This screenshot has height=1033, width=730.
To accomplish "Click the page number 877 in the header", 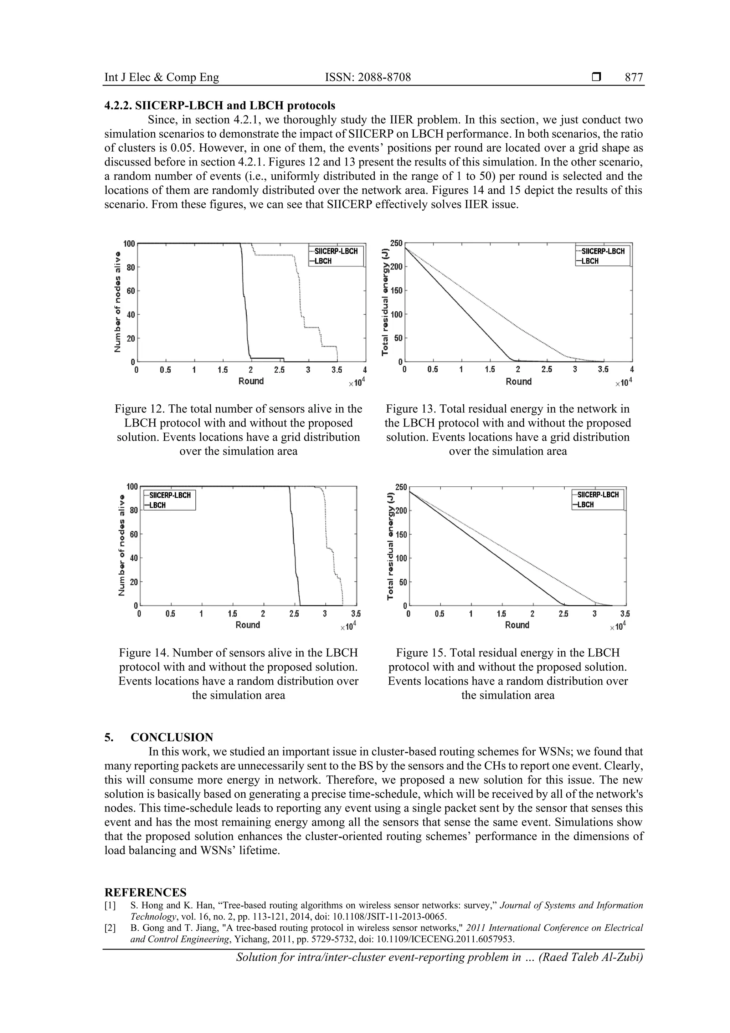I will (634, 77).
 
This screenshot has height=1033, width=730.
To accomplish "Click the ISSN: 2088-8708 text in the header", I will (368, 77).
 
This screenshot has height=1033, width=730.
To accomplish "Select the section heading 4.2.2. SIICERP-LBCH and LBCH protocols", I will (220, 106).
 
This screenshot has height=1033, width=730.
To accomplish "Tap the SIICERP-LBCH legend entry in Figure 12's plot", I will (335, 251).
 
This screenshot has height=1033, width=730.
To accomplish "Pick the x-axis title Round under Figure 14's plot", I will (248, 625).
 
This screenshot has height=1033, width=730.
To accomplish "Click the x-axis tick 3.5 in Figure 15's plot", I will (624, 614).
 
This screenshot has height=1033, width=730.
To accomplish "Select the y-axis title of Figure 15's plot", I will (390, 547).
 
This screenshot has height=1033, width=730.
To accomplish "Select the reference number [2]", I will (110, 928).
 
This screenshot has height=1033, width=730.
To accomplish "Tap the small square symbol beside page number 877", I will (596, 77).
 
